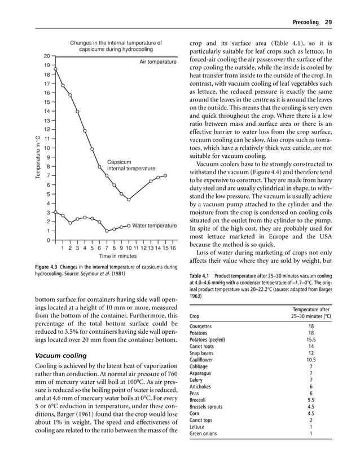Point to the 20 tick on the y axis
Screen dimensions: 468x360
[x=47, y=56]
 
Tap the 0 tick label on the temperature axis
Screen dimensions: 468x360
[x=49, y=241]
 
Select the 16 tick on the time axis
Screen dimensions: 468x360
[x=173, y=248]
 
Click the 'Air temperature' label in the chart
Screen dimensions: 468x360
[x=157, y=61]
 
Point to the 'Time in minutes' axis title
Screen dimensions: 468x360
[x=114, y=256]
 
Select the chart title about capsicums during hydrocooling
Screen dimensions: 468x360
[x=116, y=46]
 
